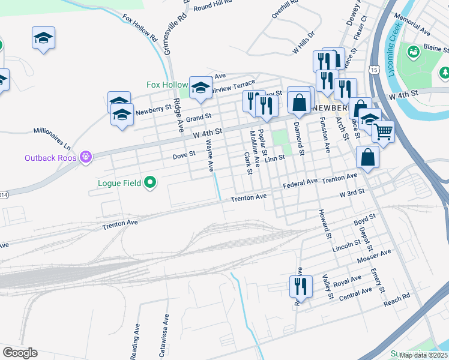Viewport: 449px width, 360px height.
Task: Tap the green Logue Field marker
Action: click(x=150, y=182)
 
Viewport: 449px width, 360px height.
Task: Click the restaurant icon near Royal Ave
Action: click(x=300, y=286)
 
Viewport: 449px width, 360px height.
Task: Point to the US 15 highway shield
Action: click(x=374, y=70)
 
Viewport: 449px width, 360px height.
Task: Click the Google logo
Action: click(x=20, y=353)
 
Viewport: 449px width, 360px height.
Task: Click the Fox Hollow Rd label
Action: click(x=139, y=28)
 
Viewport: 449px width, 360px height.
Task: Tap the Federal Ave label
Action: click(x=300, y=182)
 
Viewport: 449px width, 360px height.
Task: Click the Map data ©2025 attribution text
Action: click(x=423, y=355)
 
